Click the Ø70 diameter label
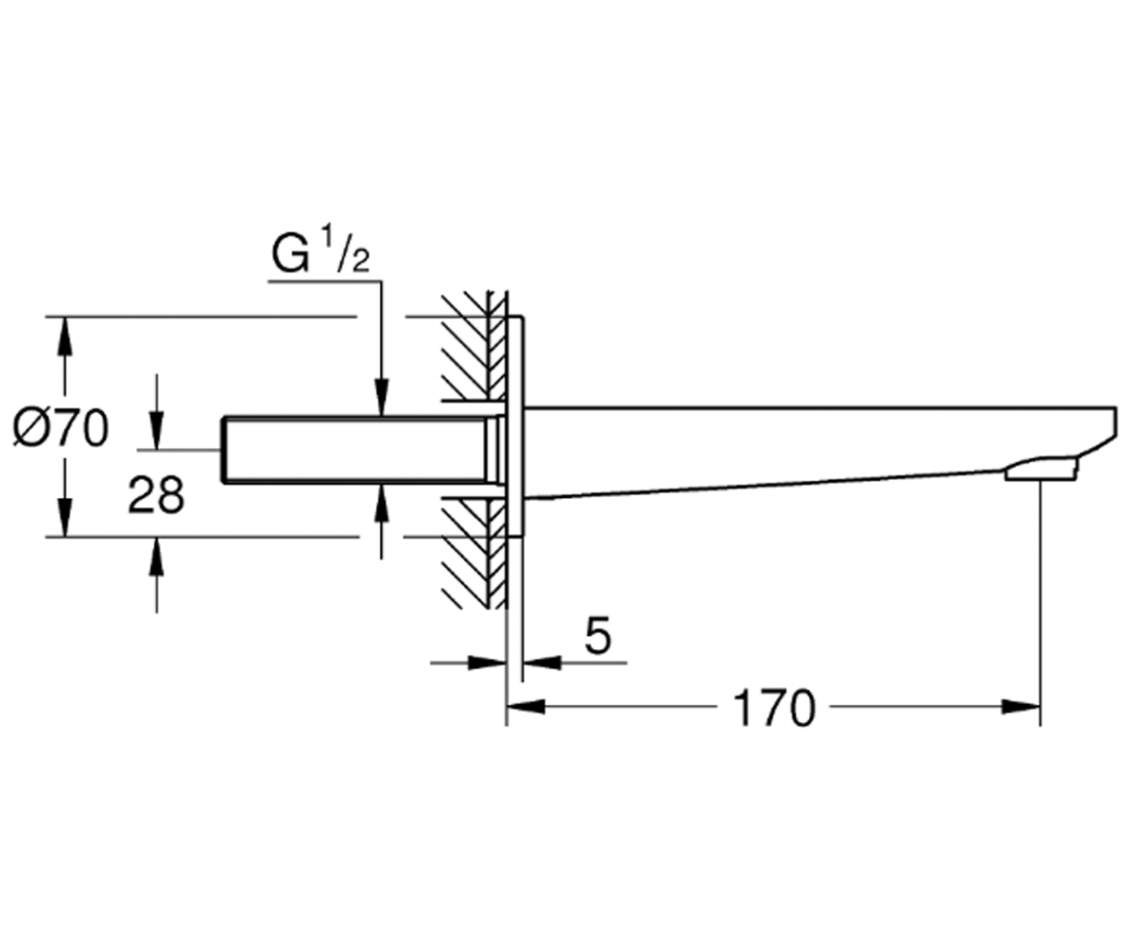60,428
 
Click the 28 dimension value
157,495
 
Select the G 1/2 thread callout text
321,251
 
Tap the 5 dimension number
598,635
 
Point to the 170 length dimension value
775,708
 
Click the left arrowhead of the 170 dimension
525,707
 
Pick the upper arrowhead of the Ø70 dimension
65,335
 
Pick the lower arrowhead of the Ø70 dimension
65,518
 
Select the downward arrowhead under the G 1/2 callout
381,398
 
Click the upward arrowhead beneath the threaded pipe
381,503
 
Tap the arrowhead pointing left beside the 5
541,662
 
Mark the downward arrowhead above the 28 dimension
157,431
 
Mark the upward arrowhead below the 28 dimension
157,556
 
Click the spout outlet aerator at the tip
1041,471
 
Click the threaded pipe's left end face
224,450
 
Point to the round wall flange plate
515,426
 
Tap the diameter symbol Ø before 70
28,428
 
